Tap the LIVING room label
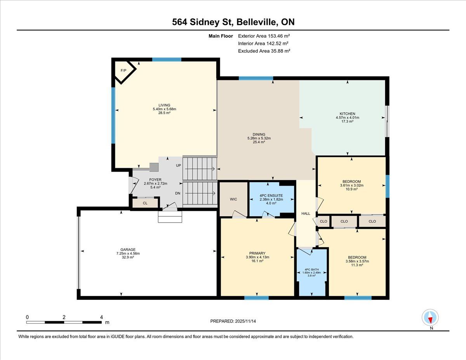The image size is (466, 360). tap(164, 105)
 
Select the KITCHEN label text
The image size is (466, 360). tap(348, 114)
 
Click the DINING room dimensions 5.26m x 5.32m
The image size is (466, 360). tap(259, 138)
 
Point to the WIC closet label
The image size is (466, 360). tap(233, 199)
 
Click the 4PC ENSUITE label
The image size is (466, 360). tap(271, 196)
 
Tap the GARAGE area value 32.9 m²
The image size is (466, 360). tap(128, 257)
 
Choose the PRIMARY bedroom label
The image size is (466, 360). tap(257, 253)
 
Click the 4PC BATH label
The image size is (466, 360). tap(311, 270)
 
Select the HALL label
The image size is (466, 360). tap(306, 214)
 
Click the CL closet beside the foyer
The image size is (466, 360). tap(145, 203)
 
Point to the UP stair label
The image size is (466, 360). tap(178, 165)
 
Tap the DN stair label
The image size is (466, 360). tap(177, 193)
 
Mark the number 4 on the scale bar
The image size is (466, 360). tap(101, 317)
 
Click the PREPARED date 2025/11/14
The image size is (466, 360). tap(245, 321)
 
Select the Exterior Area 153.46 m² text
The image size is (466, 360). tap(264, 36)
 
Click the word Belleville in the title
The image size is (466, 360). tap(256, 22)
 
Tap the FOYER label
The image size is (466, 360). tap(155, 180)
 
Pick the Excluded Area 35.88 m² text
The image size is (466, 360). tap(264, 51)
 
